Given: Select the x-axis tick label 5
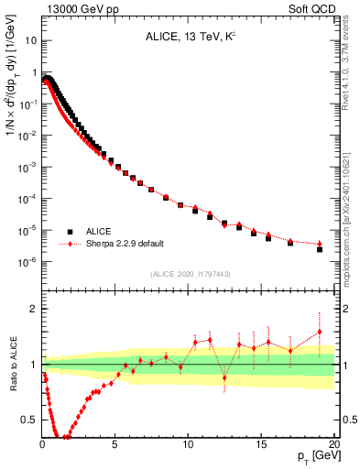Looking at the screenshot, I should click(115, 443).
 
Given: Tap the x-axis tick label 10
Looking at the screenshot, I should click(188, 443).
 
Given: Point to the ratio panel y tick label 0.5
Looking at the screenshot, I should click(29, 420).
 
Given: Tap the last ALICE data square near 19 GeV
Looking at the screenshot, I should click(320, 248).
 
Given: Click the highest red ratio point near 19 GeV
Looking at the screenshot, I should click(320, 332).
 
